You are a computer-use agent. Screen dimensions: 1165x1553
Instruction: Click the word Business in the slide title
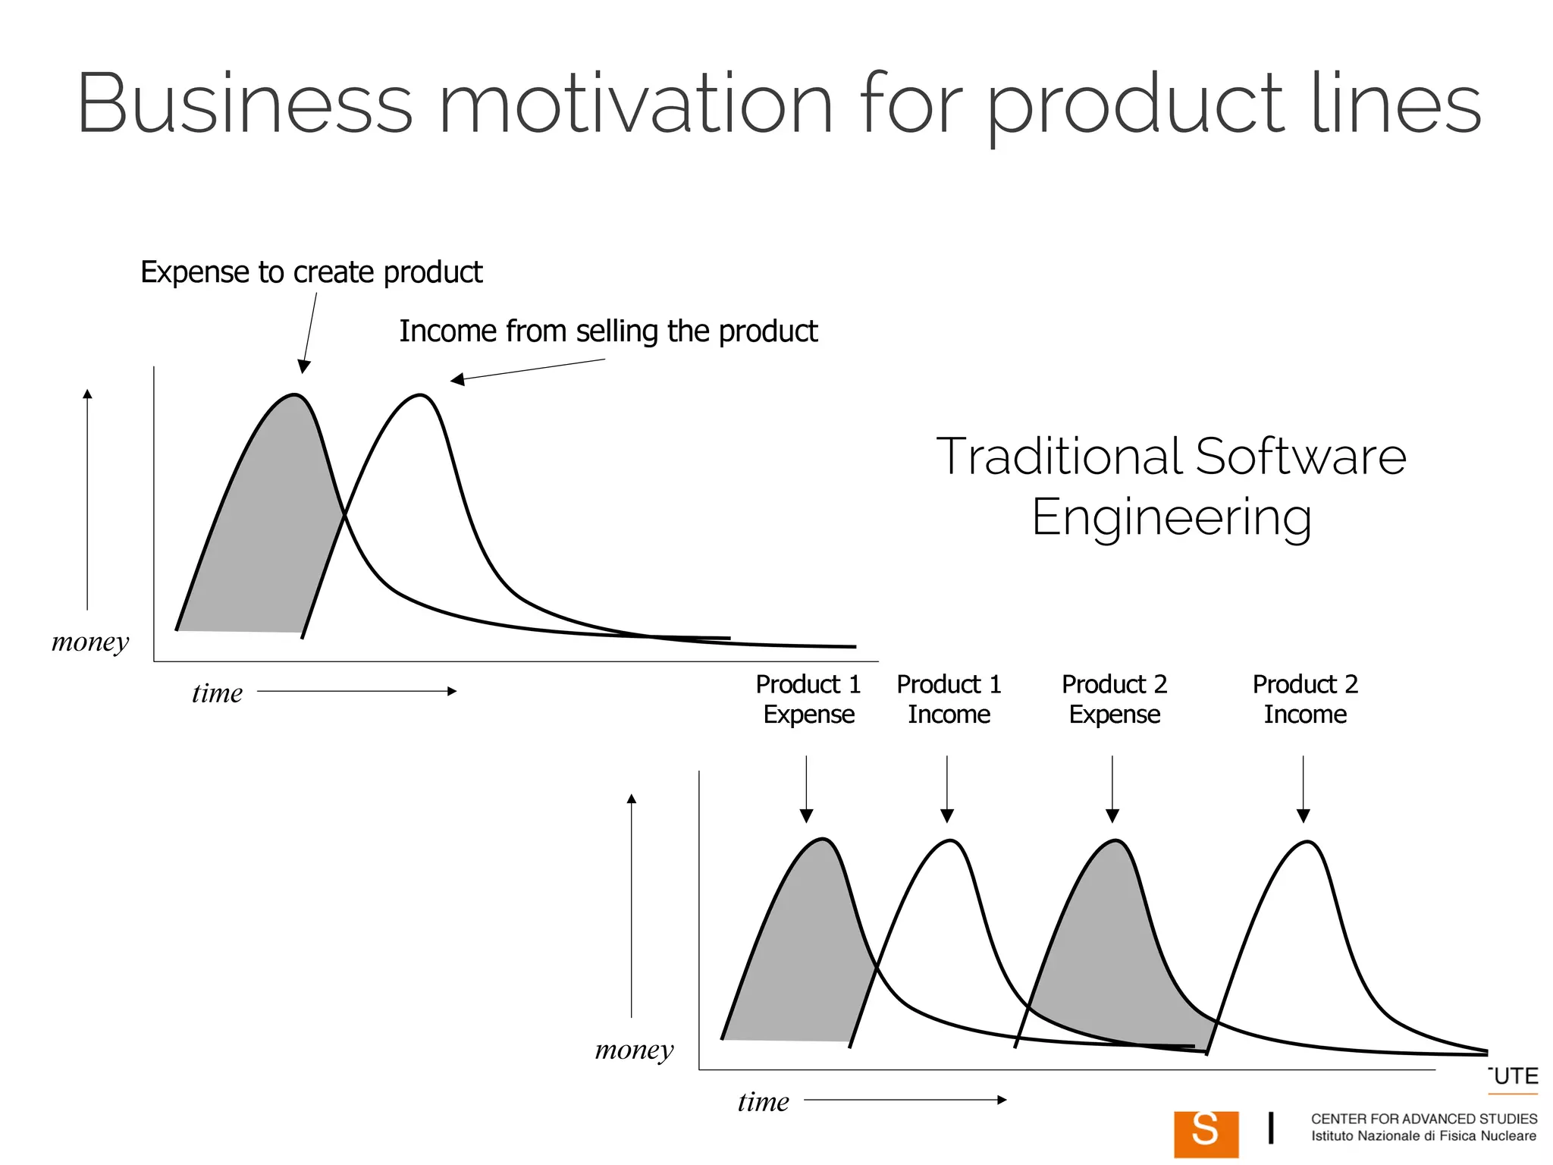pyautogui.click(x=244, y=104)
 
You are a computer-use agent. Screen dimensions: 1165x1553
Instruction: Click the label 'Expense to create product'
pyautogui.click(x=311, y=272)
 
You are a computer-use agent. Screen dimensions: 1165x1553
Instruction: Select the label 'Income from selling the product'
pyautogui.click(x=608, y=331)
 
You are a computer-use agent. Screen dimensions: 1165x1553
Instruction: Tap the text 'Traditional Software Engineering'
pyautogui.click(x=1171, y=486)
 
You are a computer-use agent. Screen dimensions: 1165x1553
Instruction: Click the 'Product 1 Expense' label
pyautogui.click(x=808, y=699)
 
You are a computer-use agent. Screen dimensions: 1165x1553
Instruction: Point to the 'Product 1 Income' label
pyautogui.click(x=949, y=699)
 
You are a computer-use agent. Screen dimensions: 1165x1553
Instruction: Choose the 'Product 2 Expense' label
pyautogui.click(x=1114, y=699)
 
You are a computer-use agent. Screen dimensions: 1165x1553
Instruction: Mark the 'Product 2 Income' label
pyautogui.click(x=1304, y=699)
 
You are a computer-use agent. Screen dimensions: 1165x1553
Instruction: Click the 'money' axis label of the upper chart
pyautogui.click(x=90, y=642)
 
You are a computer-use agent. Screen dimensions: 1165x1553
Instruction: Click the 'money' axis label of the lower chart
pyautogui.click(x=634, y=1050)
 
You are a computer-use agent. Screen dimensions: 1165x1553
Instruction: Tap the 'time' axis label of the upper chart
pyautogui.click(x=217, y=693)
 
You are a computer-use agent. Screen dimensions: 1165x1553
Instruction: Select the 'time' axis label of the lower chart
pyautogui.click(x=763, y=1102)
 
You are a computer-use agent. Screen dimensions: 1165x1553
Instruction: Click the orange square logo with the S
pyautogui.click(x=1206, y=1133)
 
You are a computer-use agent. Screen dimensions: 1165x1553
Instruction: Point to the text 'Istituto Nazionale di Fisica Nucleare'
pyautogui.click(x=1423, y=1136)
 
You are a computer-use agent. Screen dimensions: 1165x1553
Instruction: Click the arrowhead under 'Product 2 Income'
pyautogui.click(x=1303, y=816)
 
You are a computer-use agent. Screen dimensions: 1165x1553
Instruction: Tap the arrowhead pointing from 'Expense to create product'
pyautogui.click(x=304, y=367)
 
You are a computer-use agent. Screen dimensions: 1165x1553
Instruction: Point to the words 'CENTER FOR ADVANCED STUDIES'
pyautogui.click(x=1423, y=1119)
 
